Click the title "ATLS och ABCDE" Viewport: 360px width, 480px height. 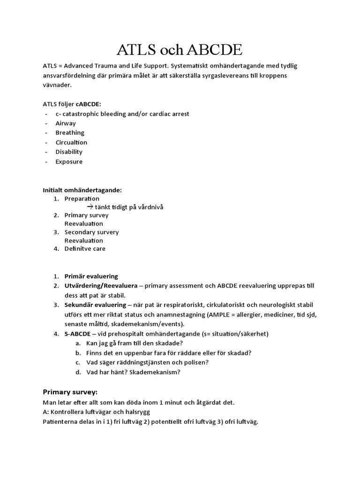(180, 49)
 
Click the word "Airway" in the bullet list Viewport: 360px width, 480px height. (66, 123)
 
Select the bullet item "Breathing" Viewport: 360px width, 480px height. (70, 133)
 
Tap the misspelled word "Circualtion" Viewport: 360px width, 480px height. (71, 142)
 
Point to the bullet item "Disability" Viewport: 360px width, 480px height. (69, 152)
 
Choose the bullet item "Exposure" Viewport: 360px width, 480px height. (69, 162)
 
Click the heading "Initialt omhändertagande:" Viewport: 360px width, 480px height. (82, 190)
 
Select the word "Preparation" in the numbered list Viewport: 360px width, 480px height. (82, 199)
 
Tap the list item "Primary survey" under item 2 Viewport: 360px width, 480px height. (86, 215)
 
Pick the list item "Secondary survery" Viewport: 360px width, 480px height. (91, 232)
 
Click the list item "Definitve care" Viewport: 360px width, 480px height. (85, 249)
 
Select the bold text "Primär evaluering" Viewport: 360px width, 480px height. (91, 277)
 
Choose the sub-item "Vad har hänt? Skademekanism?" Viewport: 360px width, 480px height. (133, 372)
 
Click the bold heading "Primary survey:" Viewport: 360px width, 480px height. (70, 392)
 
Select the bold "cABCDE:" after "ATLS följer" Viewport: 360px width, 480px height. (88, 104)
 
